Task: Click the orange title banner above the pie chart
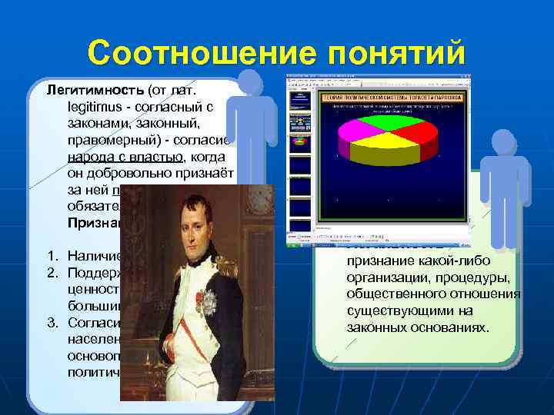393,98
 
